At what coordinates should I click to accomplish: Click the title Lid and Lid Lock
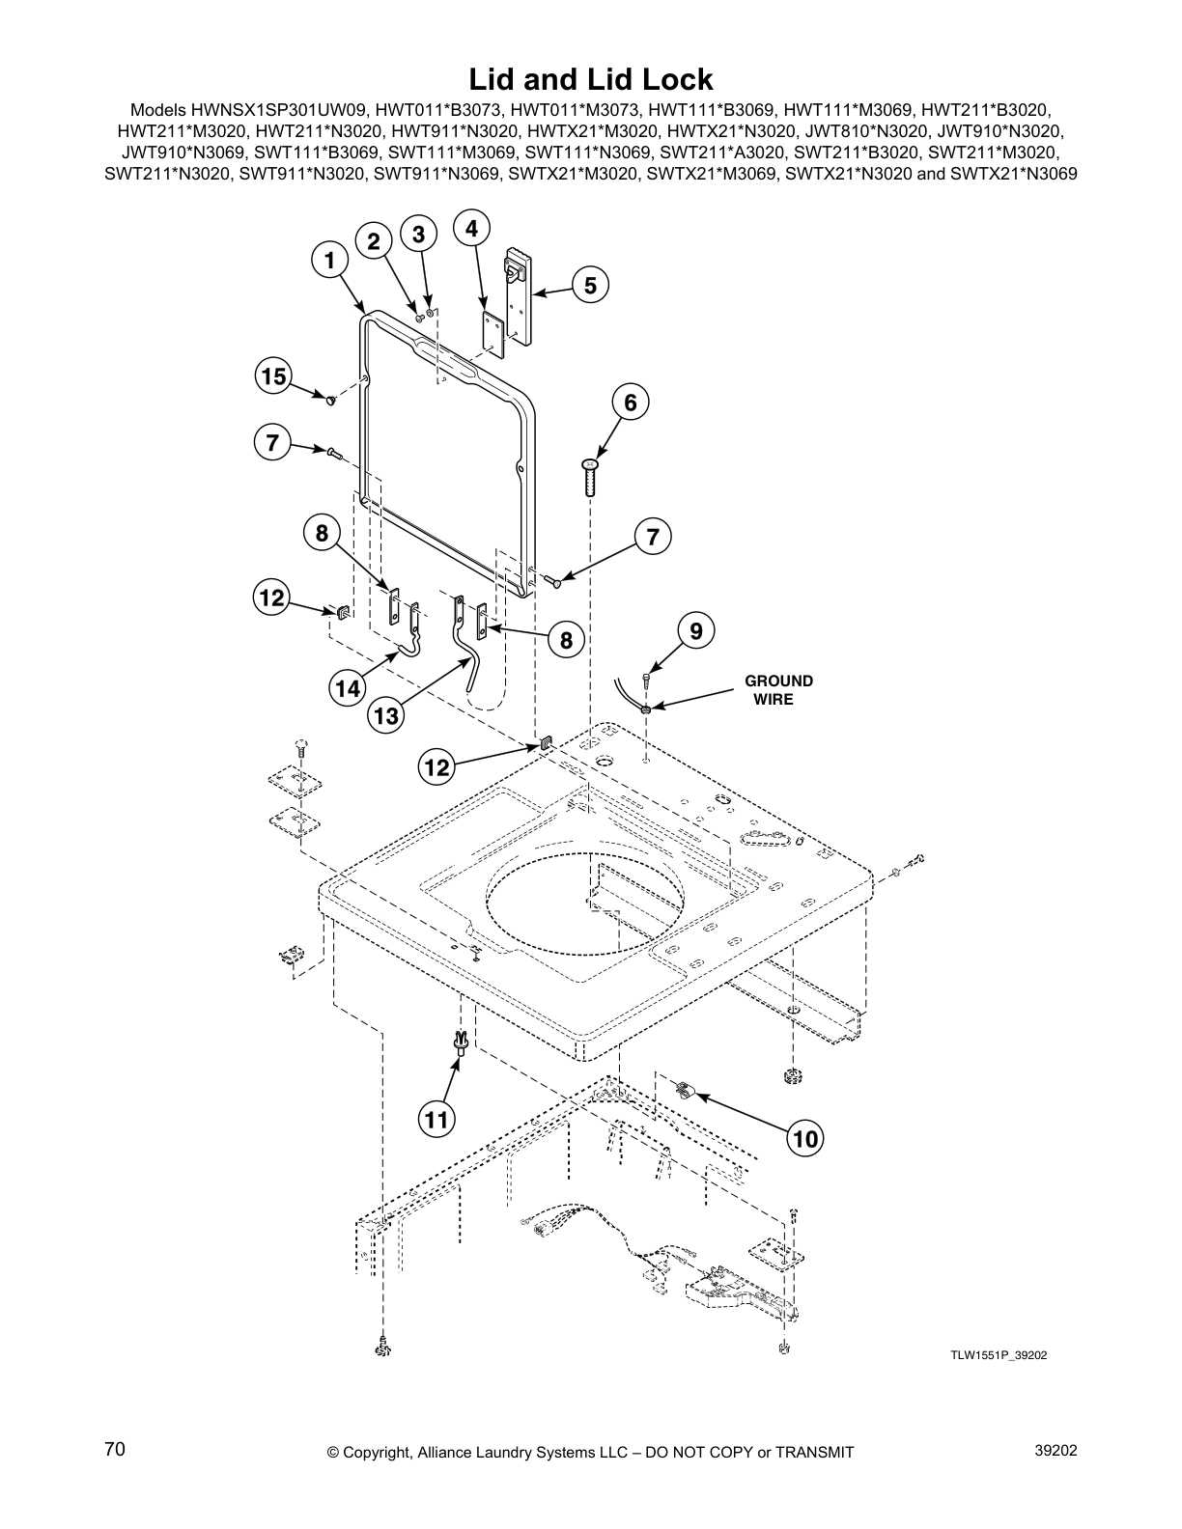point(590,78)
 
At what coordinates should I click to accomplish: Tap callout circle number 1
point(329,260)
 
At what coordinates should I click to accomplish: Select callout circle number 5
point(590,285)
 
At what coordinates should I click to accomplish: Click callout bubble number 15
point(275,375)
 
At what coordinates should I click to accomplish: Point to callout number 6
point(631,402)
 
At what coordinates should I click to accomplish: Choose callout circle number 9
point(695,631)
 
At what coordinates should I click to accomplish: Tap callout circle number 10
point(804,1139)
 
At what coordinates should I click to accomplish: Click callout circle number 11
point(436,1119)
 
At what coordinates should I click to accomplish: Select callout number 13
point(385,715)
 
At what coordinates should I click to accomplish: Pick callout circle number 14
point(348,687)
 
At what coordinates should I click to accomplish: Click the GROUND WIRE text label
point(778,689)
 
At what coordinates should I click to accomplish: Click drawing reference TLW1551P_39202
point(998,1355)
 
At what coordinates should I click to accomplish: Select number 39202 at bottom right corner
point(1055,1450)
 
